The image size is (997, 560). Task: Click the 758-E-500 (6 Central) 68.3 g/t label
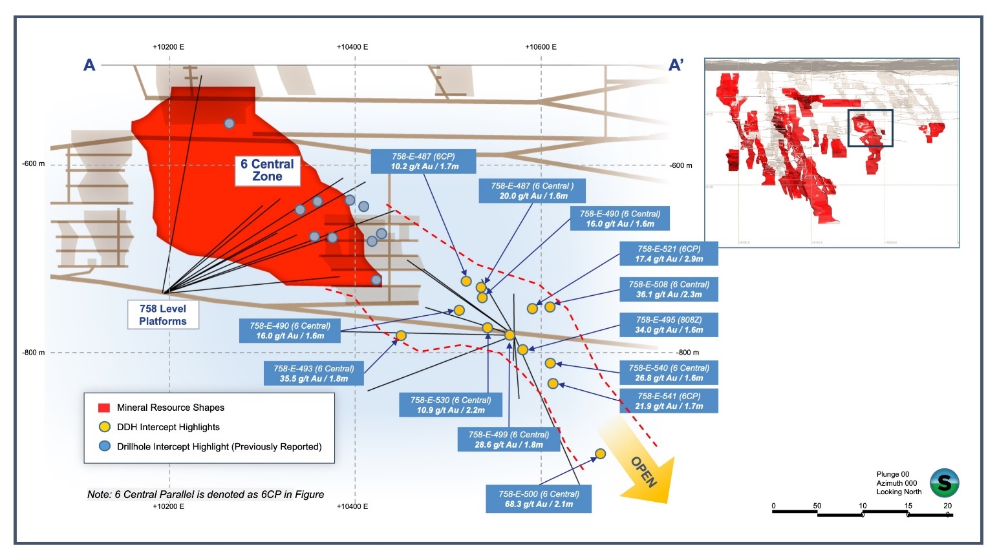[x=539, y=499]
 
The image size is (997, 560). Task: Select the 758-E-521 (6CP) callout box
[x=669, y=253]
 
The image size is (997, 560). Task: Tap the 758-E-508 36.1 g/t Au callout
[x=669, y=289]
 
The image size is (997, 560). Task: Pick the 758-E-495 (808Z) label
[x=669, y=324]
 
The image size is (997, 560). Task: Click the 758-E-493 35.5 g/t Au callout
[x=314, y=373]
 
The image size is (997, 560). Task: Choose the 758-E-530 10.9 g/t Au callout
[x=451, y=405]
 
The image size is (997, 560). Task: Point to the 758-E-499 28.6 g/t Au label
[x=509, y=440]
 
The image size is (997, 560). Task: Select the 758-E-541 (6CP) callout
[x=669, y=401]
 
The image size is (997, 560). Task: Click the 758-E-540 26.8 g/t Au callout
[x=669, y=373]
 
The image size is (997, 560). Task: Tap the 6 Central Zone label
[x=267, y=170]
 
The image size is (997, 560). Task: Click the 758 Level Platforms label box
[x=163, y=315]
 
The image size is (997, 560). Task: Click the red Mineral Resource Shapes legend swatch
[x=103, y=408]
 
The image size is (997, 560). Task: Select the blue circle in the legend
[x=104, y=446]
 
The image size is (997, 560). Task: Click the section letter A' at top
[x=676, y=65]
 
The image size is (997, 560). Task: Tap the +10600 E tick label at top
[x=541, y=47]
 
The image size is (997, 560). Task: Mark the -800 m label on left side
[x=34, y=353]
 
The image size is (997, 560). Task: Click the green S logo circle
[x=944, y=482]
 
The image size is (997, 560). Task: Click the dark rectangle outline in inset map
[x=870, y=128]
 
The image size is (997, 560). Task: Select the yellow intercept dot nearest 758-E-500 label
[x=600, y=454]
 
